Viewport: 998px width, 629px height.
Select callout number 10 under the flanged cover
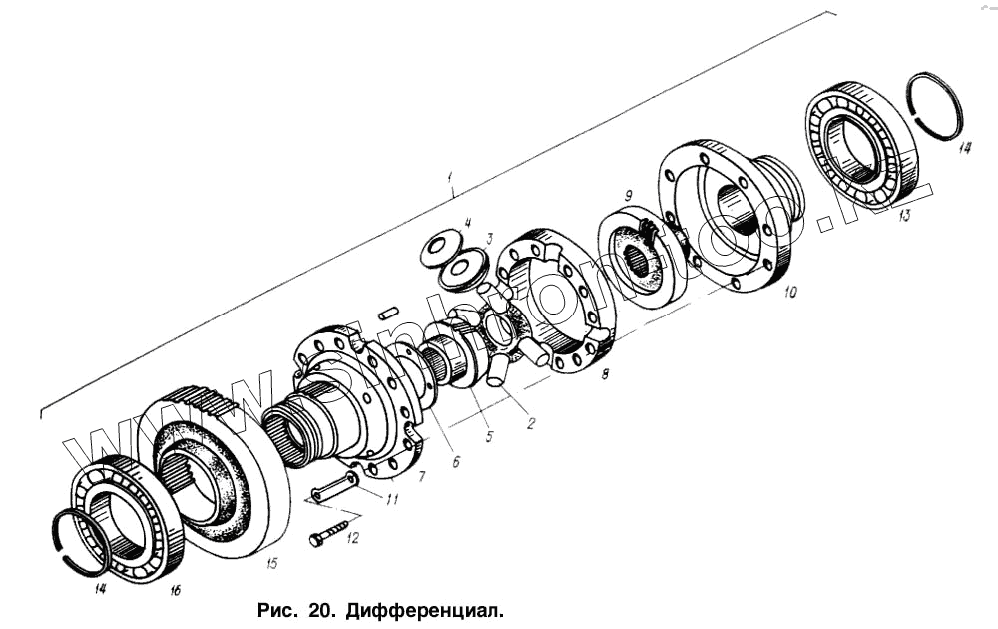tap(790, 293)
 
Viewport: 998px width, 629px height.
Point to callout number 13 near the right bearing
tap(904, 217)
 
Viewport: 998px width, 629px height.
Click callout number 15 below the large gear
tap(271, 563)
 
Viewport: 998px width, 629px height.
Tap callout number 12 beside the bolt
tap(351, 539)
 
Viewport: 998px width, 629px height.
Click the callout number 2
tap(531, 423)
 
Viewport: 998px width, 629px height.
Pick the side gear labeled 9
tap(639, 264)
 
